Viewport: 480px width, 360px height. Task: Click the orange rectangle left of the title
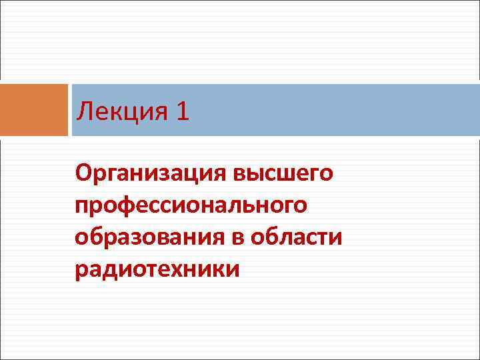click(x=34, y=110)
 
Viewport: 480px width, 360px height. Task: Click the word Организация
click(x=151, y=174)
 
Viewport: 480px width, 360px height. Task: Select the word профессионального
click(x=191, y=206)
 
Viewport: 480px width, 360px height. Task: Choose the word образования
click(x=157, y=238)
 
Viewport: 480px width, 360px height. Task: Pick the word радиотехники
click(x=157, y=270)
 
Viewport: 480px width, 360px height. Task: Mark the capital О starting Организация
click(x=83, y=174)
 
